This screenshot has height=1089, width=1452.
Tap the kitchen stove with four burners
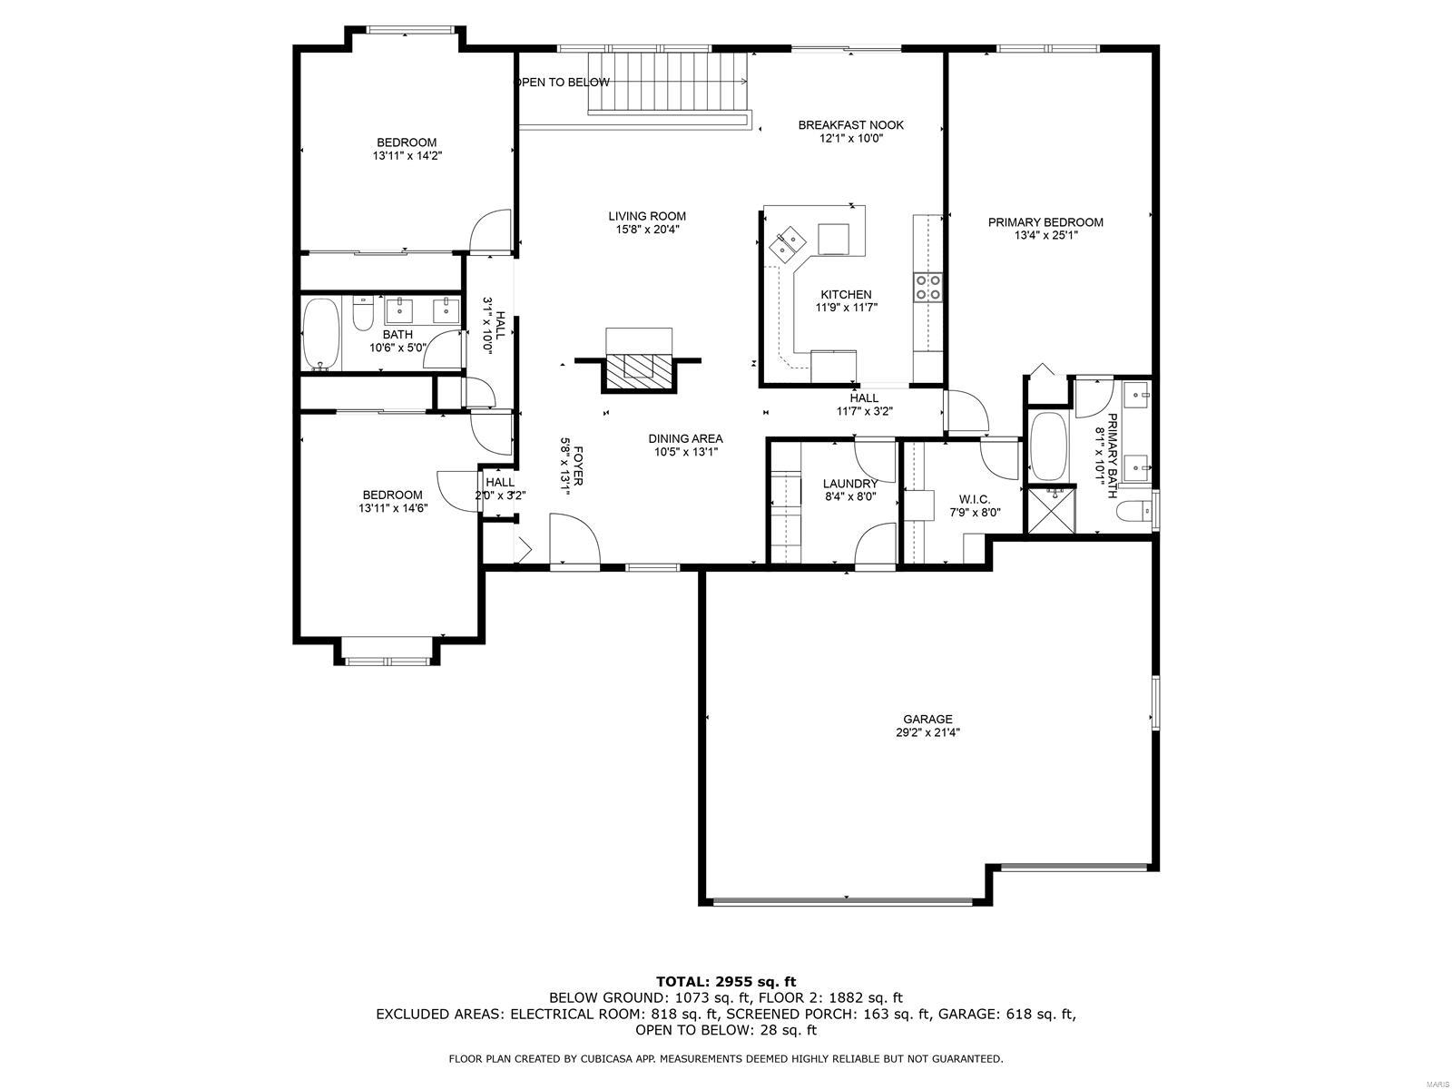pos(927,287)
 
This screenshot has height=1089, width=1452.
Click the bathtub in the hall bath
pos(321,334)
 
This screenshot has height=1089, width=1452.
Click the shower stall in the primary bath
pos(1050,512)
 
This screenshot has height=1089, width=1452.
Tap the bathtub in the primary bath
pos(1051,446)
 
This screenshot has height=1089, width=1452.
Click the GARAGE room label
pos(927,719)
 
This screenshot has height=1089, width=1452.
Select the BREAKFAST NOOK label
pos(850,125)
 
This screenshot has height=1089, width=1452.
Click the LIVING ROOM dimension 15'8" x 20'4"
pos(647,230)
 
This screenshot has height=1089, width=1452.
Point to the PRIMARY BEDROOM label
pos(1045,222)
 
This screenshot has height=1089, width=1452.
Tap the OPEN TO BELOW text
pos(563,83)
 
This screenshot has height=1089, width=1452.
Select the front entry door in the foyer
pos(574,543)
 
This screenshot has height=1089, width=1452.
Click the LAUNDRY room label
pos(849,484)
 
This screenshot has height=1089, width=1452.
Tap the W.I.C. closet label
pos(974,500)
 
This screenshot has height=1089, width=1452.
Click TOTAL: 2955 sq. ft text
pos(725,981)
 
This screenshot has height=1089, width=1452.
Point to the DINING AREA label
pos(685,439)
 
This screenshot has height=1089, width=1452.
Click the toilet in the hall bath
pos(362,316)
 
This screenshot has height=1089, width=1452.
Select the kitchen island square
pos(835,240)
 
